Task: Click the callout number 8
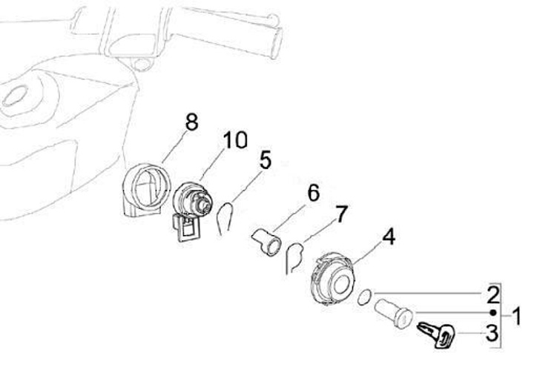point(192,122)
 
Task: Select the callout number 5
point(266,159)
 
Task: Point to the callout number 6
point(313,193)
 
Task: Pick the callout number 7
point(341,213)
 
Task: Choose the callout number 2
point(493,295)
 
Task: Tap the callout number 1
point(517,316)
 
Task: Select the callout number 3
point(492,333)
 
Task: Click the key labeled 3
point(437,334)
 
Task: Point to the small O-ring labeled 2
point(364,296)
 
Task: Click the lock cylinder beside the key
point(394,313)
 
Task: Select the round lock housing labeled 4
point(333,278)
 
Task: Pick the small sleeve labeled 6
point(266,242)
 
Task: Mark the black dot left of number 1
point(492,313)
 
